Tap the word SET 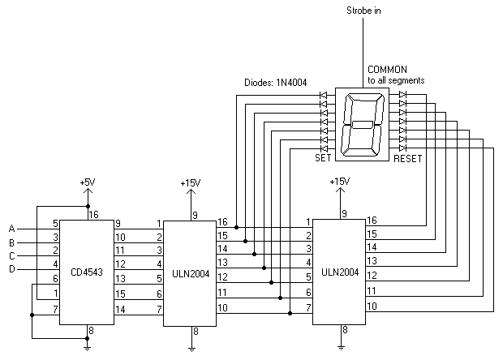(323, 159)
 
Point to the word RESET (408, 159)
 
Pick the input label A (11, 228)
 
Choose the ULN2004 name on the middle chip (191, 274)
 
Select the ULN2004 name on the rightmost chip (342, 272)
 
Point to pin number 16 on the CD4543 (93, 215)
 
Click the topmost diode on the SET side (324, 95)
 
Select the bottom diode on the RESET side (402, 148)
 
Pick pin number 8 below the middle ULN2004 (196, 331)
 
